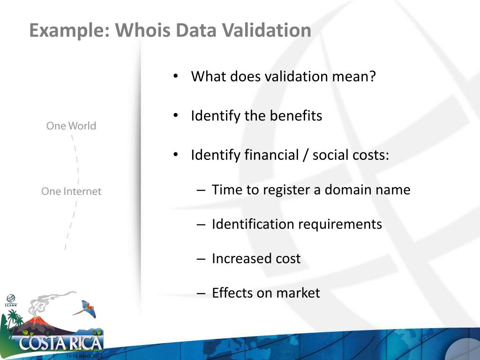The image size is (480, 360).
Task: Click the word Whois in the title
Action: pos(143,31)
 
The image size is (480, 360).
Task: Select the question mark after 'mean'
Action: pos(373,76)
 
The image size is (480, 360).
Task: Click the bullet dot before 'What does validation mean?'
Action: pos(175,76)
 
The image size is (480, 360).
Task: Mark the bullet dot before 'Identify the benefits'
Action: pos(175,116)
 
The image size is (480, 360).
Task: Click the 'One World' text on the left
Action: pos(71,126)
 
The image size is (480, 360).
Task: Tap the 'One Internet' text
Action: pos(71,191)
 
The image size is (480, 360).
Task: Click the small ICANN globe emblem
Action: pos(10,299)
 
